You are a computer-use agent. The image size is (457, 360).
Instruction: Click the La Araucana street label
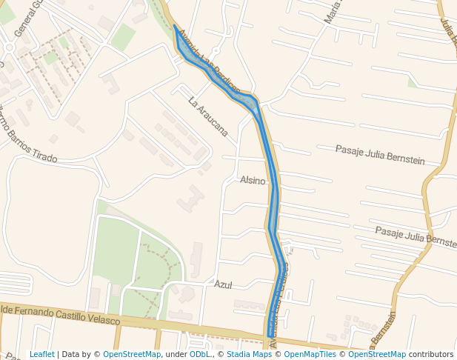(x=207, y=116)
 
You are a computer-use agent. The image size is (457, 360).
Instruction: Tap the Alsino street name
(x=253, y=180)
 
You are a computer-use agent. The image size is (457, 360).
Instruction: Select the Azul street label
(x=223, y=284)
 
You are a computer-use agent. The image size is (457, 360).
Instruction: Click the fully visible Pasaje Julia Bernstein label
(x=380, y=155)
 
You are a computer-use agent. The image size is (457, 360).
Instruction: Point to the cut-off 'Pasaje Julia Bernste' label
(x=416, y=237)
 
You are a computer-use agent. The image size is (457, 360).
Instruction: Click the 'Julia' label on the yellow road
(x=447, y=30)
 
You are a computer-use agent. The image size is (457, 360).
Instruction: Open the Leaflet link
(x=42, y=354)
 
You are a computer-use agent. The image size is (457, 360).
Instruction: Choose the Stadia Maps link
(x=249, y=354)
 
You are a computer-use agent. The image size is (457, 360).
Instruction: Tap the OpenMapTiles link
(x=310, y=354)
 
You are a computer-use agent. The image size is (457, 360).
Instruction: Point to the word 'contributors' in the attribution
(x=431, y=354)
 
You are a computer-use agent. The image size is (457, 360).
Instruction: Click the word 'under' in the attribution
(x=175, y=354)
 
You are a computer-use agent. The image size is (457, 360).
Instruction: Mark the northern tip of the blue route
(x=175, y=27)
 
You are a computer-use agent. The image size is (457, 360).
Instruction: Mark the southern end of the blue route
(x=269, y=336)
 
